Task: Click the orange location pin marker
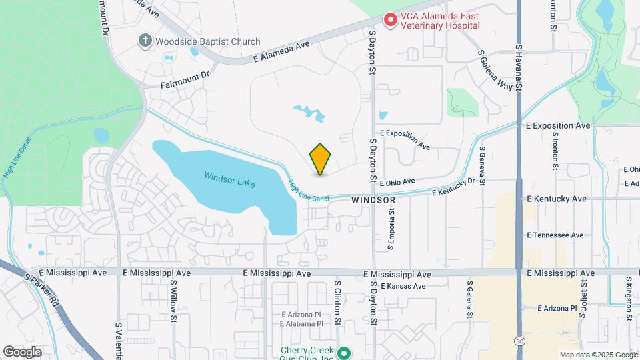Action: pos(321,159)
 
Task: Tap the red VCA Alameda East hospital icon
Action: pos(390,20)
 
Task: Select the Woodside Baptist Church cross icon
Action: pos(144,41)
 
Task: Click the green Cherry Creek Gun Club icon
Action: pos(343,353)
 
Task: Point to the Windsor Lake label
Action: pos(229,177)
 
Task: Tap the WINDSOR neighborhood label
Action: pos(373,199)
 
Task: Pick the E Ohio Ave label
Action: pos(397,181)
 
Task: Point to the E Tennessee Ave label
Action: pos(555,235)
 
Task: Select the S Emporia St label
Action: pos(392,229)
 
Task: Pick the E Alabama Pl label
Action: pos(301,324)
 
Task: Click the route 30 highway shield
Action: pos(519,341)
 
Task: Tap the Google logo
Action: pos(23,351)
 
